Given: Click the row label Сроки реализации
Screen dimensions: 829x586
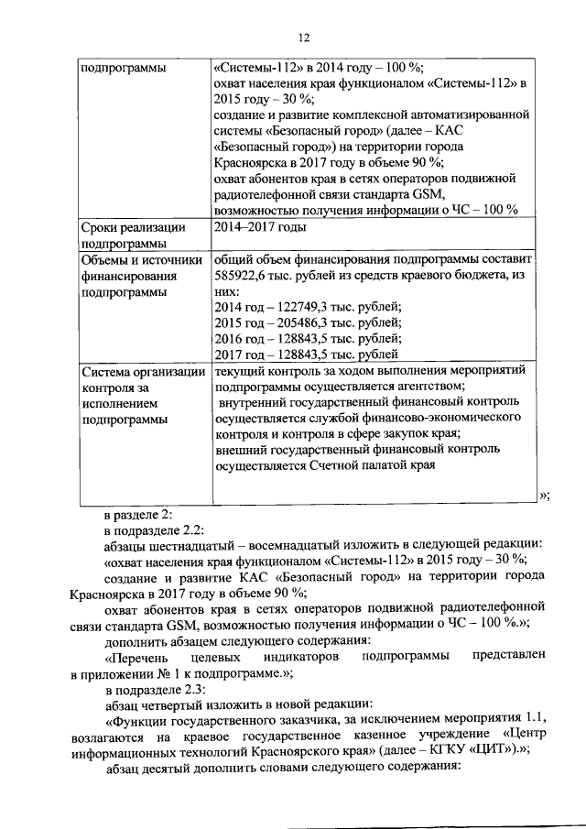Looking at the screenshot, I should [134, 227].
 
